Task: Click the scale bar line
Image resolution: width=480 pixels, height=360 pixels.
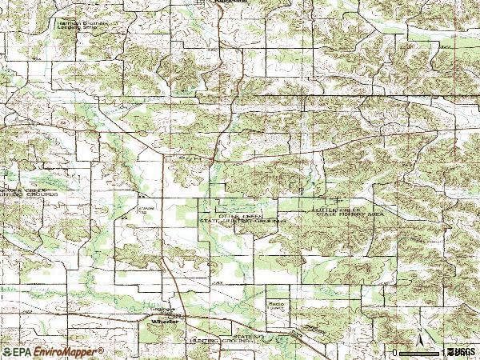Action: click(x=421, y=351)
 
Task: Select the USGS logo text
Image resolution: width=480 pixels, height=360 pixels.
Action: click(x=462, y=352)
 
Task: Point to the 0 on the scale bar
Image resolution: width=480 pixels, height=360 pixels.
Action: click(x=396, y=352)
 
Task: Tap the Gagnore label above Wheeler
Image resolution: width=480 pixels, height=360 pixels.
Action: click(x=162, y=310)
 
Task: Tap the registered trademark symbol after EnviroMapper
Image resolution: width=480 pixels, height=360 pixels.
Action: click(x=101, y=350)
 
